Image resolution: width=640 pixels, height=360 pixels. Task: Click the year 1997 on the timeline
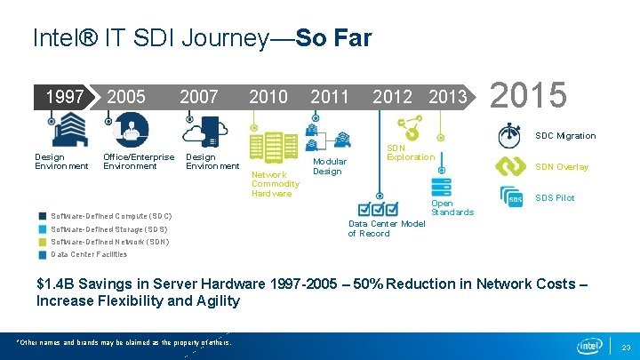64,97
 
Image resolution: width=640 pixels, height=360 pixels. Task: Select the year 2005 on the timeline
125,97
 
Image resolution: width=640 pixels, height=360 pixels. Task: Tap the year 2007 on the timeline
198,97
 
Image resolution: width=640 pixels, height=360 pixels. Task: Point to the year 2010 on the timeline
268,97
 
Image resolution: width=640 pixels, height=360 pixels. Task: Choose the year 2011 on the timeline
329,97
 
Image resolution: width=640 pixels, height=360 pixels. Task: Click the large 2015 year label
528,94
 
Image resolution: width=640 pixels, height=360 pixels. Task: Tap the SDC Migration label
565,136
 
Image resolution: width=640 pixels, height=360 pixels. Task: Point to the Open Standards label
452,208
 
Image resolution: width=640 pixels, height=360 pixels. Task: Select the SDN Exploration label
410,152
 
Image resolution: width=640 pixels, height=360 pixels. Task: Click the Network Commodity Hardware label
275,184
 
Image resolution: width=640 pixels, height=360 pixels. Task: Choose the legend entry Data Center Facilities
89,254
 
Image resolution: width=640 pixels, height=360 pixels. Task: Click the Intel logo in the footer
589,345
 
